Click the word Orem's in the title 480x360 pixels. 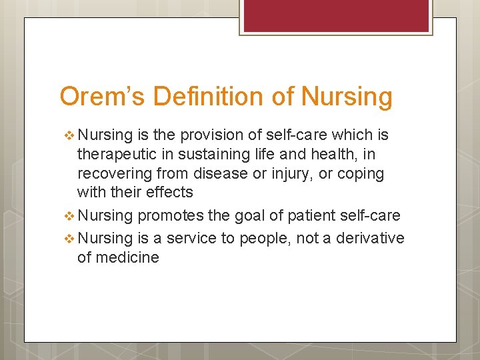tap(102, 97)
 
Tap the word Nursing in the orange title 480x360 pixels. tap(347, 97)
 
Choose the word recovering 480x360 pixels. tap(111, 174)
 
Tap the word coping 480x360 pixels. tap(361, 174)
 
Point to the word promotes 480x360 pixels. tap(167, 215)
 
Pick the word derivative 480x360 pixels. tap(371, 239)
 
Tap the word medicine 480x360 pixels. tap(127, 257)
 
